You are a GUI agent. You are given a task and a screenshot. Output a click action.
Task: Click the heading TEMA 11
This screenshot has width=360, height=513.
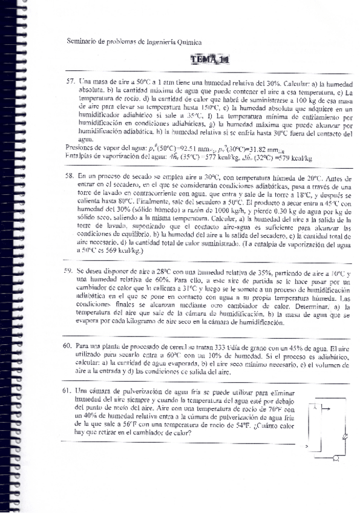point(209,59)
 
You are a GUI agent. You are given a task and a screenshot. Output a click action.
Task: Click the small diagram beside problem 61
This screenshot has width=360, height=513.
point(328,431)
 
